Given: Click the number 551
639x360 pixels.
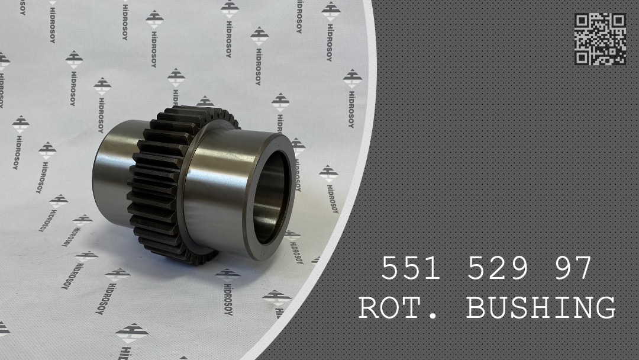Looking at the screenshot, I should tap(411, 269).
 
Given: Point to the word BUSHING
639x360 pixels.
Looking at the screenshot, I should tap(541, 308).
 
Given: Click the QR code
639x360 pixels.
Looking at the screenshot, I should tap(600, 39).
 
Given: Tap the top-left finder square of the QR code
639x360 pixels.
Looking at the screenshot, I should tap(582, 21).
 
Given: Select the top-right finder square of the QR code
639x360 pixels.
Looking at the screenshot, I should tap(618, 21).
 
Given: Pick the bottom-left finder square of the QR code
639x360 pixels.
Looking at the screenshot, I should tap(582, 57).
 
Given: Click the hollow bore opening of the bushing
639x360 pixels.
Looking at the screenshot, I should tap(273, 195).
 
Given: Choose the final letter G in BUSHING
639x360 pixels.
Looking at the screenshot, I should tap(605, 308).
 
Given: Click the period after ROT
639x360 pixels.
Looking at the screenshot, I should tap(436, 317).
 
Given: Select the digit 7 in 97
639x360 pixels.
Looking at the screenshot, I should tap(583, 269).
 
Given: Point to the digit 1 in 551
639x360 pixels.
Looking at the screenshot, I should tap(433, 269).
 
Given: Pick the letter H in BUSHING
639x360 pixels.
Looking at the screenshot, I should tap(541, 308).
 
